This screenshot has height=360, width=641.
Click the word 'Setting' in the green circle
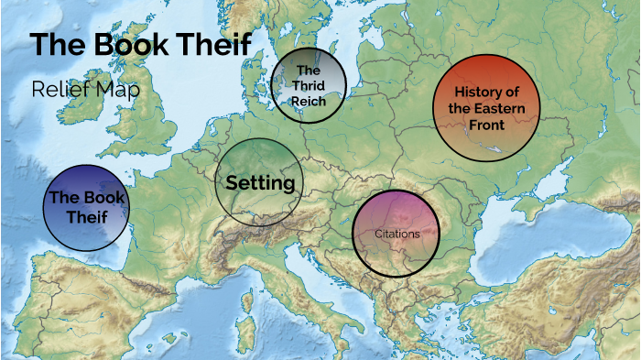click(x=260, y=182)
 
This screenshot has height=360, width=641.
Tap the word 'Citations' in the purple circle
click(x=397, y=234)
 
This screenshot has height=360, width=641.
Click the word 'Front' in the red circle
click(x=486, y=125)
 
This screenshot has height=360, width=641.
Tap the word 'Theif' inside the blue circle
click(x=87, y=216)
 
